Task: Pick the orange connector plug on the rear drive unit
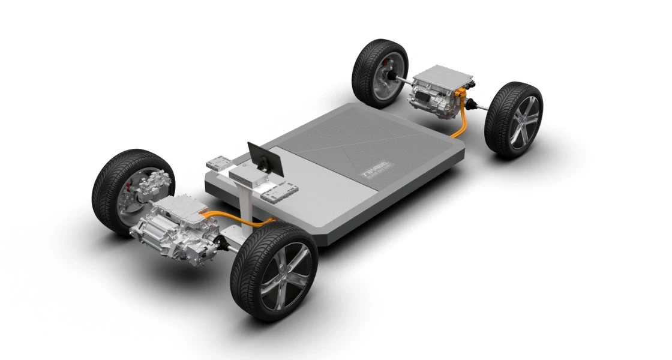pyautogui.click(x=460, y=94)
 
